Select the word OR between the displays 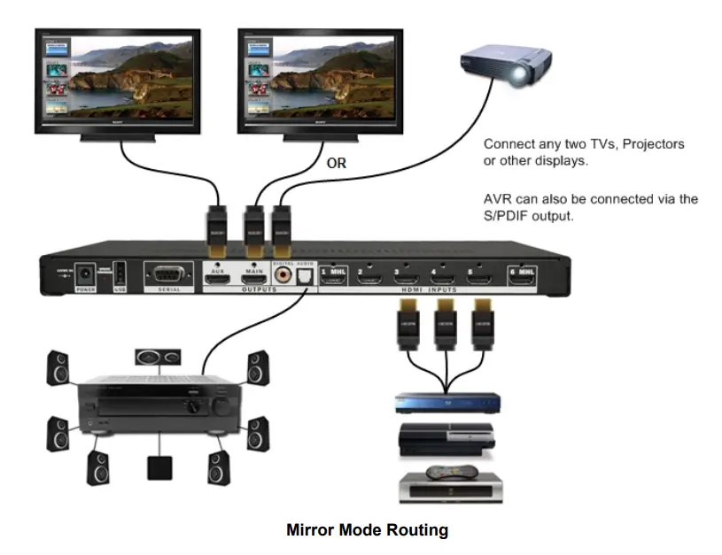[336, 164]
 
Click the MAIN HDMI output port [254, 279]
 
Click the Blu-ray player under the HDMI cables [447, 404]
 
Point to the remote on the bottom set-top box [453, 473]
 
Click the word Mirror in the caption [307, 531]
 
